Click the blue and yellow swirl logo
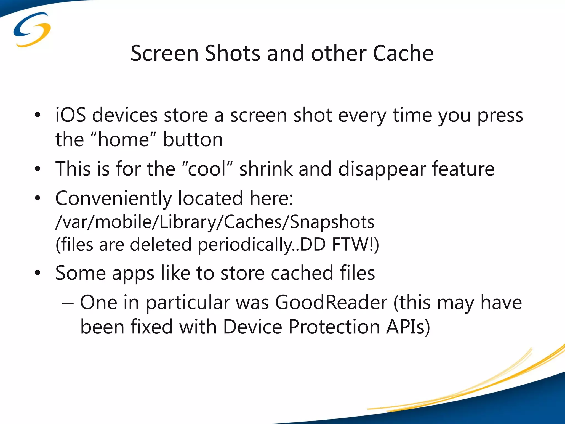point(32,30)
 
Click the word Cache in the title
point(403,53)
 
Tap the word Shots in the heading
point(232,53)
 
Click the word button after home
point(193,139)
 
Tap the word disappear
point(382,169)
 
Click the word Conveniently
point(113,198)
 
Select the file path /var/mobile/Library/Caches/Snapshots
point(215,222)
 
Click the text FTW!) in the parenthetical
point(355,245)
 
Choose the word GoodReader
point(331,303)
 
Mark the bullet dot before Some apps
point(38,273)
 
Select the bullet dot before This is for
point(38,169)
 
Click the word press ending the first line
point(500,115)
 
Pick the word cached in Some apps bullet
point(302,273)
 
